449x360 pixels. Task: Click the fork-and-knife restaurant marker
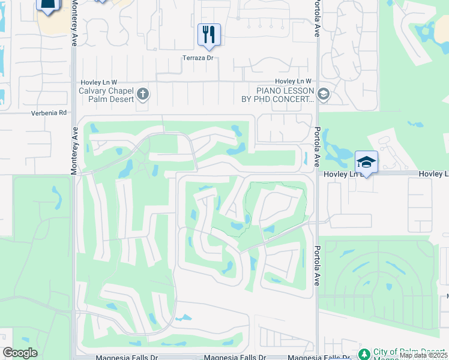point(209,35)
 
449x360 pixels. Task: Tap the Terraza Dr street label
point(199,58)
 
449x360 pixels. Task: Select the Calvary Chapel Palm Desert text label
point(106,95)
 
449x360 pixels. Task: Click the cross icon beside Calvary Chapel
point(143,94)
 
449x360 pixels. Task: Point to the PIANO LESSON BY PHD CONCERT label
point(278,95)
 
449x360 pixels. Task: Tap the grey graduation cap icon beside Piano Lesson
point(324,94)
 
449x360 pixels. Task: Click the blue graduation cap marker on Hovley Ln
point(366,162)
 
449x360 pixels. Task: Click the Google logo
point(20,353)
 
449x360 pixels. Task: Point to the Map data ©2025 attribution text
point(424,355)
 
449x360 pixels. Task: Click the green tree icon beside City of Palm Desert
point(364,353)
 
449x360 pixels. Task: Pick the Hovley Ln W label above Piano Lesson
point(293,81)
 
